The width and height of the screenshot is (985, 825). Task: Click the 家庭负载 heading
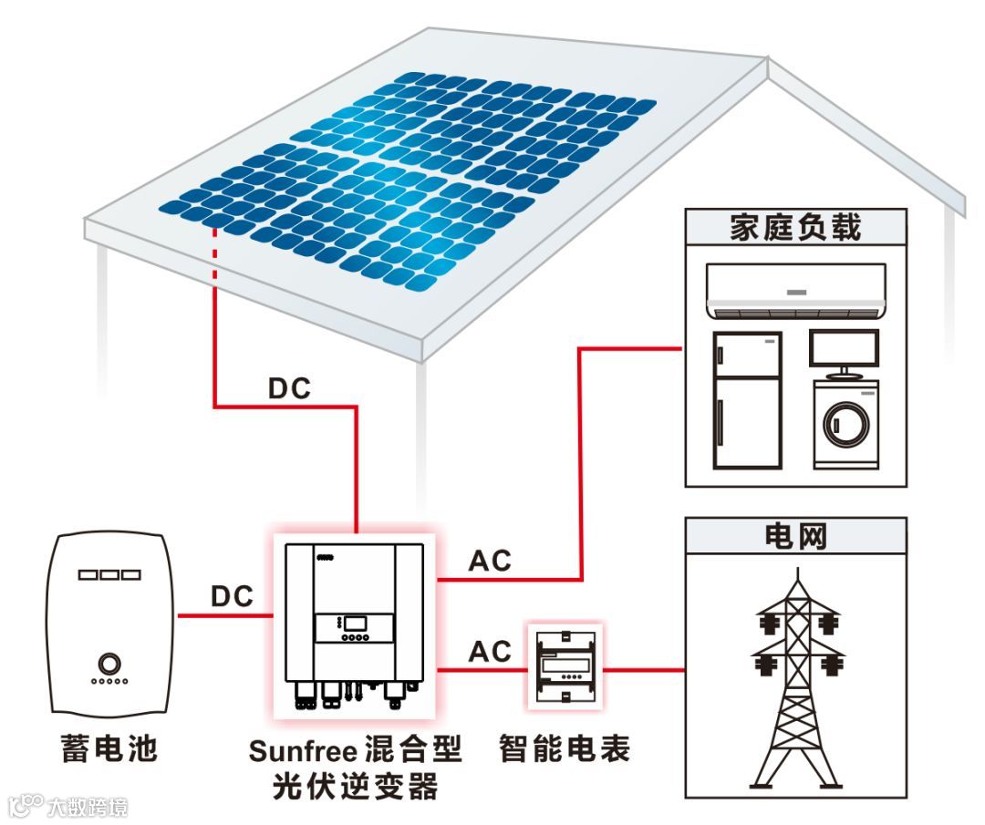794,228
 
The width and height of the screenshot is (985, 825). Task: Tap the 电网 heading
794,536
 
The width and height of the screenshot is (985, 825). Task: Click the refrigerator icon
746,400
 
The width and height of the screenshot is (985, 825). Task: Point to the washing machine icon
845,423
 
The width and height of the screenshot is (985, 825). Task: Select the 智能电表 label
565,749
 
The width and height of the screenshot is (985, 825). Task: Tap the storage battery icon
109,624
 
